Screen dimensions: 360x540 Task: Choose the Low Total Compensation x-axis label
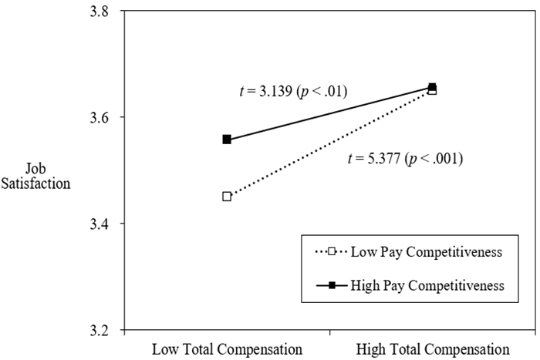(x=227, y=348)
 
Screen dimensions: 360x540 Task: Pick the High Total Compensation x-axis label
(x=433, y=348)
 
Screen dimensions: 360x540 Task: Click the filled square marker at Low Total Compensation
(x=227, y=140)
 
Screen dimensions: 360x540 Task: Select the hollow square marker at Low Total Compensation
(x=227, y=197)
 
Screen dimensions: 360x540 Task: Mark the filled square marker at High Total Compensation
(x=432, y=87)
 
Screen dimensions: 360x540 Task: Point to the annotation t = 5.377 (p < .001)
(x=405, y=160)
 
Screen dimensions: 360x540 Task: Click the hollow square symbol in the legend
(x=332, y=252)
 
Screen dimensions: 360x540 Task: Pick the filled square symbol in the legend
(x=332, y=284)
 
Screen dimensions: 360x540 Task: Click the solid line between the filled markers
(x=329, y=113)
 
